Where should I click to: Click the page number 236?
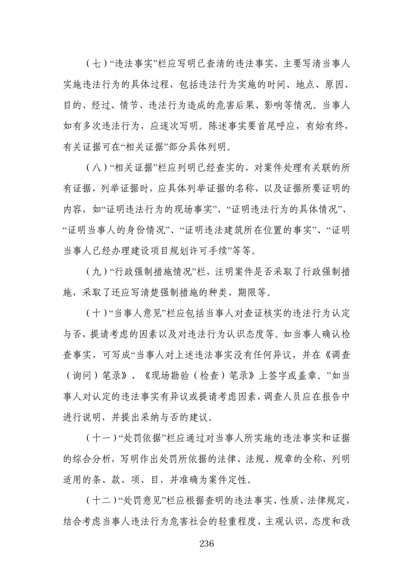pos(207,543)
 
